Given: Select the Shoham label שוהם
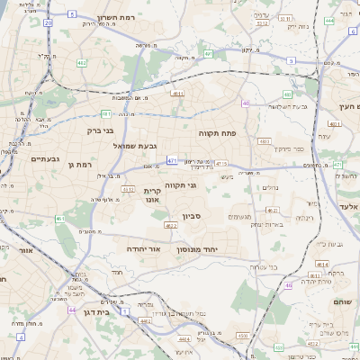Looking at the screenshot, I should click(x=347, y=302).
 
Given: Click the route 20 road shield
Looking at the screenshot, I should click(x=48, y=19).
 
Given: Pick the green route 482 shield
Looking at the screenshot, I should click(x=82, y=63).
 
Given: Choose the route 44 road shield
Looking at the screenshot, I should click(x=71, y=310).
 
